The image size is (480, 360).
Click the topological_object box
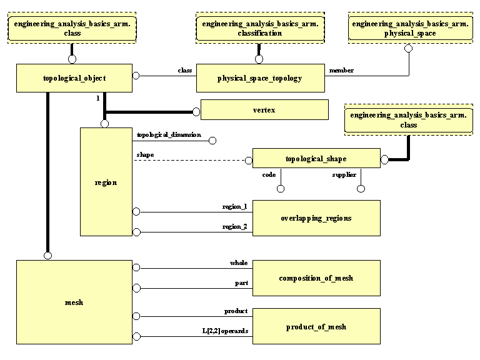74,78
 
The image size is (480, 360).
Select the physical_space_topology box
260,78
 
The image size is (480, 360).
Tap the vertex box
264,110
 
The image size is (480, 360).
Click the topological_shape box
316,159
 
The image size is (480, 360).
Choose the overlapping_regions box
316,218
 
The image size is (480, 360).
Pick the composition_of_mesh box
316,278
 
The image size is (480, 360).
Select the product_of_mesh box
316,327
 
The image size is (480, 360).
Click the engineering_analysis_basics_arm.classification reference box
259,28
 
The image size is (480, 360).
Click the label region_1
235,206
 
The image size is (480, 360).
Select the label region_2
235,226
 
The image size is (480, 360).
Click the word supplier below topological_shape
344,175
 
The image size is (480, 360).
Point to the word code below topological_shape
269,175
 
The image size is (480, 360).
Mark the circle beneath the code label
281,189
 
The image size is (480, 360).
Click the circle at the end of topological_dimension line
213,141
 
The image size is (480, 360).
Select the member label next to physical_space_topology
341,71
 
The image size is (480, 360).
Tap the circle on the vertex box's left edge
196,112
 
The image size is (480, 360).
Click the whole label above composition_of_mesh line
239,263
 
